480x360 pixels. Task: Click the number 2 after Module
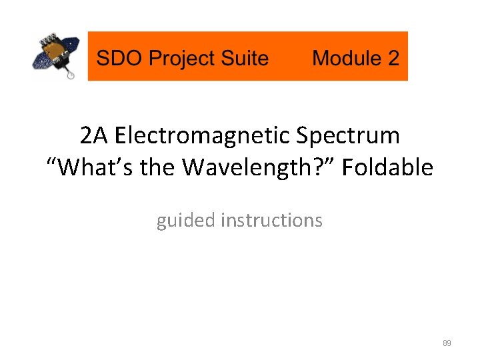393,58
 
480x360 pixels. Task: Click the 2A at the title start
93,136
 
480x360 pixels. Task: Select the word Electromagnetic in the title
203,136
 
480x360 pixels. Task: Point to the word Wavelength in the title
250,167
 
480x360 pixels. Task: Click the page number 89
447,343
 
